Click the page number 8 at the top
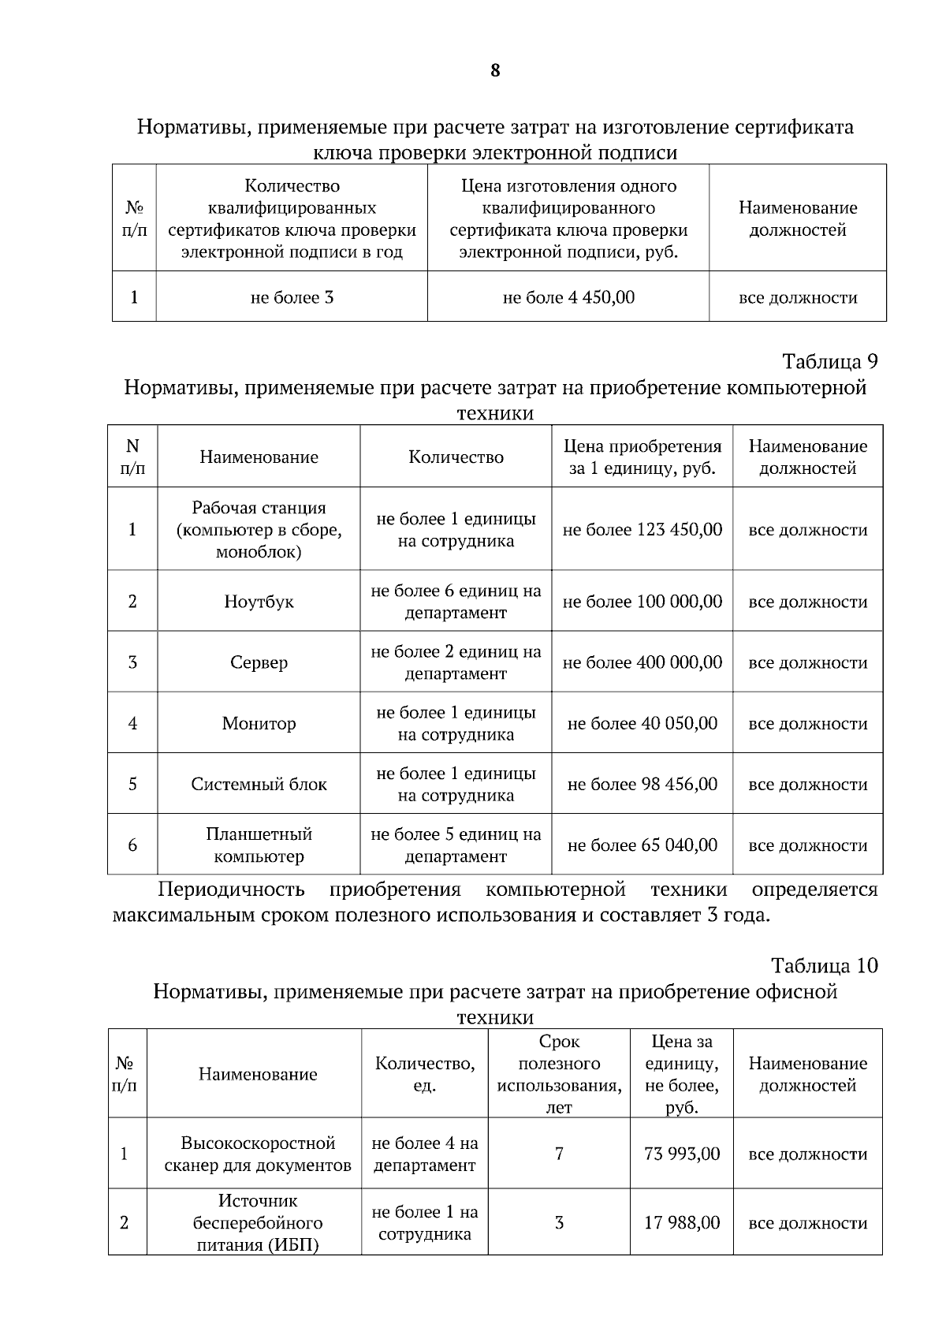[x=494, y=71]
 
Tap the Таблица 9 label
[x=829, y=361]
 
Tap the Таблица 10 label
[x=824, y=965]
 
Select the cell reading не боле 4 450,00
[x=568, y=297]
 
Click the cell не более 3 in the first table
[x=292, y=297]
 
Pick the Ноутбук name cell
[x=259, y=602]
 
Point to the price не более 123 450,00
[x=642, y=529]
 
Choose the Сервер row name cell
[x=259, y=662]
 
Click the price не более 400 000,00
[x=642, y=662]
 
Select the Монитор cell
[x=259, y=723]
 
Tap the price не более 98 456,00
[x=642, y=784]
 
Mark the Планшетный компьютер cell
[x=259, y=845]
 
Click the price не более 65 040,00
[x=642, y=845]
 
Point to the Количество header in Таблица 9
[x=456, y=457]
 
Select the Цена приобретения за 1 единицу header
[x=642, y=457]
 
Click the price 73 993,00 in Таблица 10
[x=681, y=1154]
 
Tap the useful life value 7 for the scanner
[x=559, y=1154]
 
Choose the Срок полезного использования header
[x=559, y=1074]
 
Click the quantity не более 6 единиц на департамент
[x=456, y=602]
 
